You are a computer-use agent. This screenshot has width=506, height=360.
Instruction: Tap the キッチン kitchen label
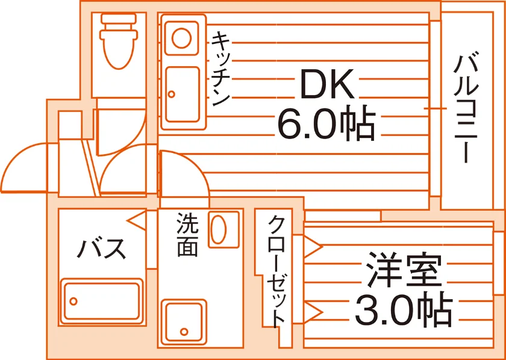(x=220, y=69)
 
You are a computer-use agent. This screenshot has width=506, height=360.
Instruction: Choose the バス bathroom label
(x=101, y=249)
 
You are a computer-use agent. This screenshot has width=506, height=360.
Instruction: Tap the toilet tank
(x=119, y=19)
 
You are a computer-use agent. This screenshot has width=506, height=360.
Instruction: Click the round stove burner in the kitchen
(x=181, y=38)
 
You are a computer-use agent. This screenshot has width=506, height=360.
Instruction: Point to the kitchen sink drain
(x=172, y=94)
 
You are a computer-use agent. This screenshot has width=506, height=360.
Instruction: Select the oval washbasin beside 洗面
(x=218, y=229)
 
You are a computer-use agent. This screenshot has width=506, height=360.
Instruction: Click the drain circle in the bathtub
(x=73, y=301)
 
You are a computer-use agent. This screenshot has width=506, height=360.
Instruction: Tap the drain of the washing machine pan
(x=184, y=331)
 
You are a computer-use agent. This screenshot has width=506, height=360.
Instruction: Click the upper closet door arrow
(x=313, y=247)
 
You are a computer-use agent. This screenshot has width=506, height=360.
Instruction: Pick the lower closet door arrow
(x=313, y=312)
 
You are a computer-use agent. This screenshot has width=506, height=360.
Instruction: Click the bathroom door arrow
(x=137, y=221)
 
